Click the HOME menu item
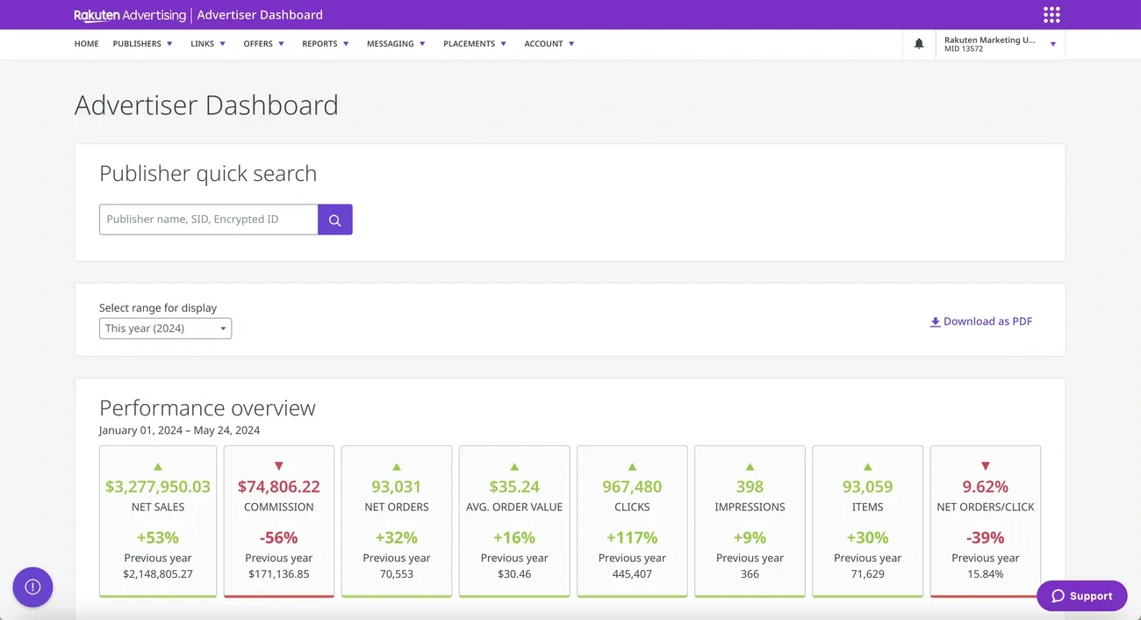(86, 44)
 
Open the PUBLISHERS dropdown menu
(142, 44)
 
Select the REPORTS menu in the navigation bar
(325, 44)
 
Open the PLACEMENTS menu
(474, 44)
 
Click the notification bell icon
(919, 44)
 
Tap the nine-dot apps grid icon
(1051, 15)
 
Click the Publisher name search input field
(208, 220)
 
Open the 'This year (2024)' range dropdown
(165, 328)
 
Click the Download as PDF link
(981, 321)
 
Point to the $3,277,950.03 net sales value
(158, 487)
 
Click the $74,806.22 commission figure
(279, 487)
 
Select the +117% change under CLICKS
(632, 537)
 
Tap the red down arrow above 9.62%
(985, 466)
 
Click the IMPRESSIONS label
(750, 507)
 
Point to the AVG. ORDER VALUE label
(514, 507)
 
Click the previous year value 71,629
(867, 574)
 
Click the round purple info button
(32, 587)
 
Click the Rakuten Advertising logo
(130, 15)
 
